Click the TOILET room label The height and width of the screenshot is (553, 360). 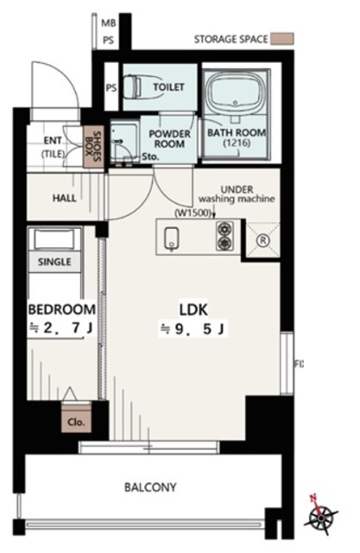(x=168, y=86)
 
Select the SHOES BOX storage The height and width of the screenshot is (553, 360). (x=93, y=146)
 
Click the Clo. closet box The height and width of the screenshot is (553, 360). (x=76, y=418)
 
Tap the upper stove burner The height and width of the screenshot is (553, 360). (x=224, y=229)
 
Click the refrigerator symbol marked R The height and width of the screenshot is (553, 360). (x=262, y=240)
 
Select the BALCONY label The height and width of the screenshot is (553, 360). (x=150, y=487)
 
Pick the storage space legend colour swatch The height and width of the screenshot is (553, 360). (x=281, y=38)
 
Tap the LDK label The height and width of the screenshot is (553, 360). (x=193, y=309)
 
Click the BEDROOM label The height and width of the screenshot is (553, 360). (x=61, y=309)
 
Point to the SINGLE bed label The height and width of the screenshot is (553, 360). (x=54, y=262)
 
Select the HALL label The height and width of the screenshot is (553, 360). (x=65, y=198)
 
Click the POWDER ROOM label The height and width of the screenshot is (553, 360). (x=169, y=138)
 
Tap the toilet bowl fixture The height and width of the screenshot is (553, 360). (x=133, y=86)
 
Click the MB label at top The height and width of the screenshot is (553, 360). (x=109, y=23)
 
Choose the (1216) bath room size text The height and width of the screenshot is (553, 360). (x=237, y=143)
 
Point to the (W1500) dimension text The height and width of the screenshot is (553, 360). (x=193, y=213)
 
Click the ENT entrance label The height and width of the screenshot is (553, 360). (x=53, y=141)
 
